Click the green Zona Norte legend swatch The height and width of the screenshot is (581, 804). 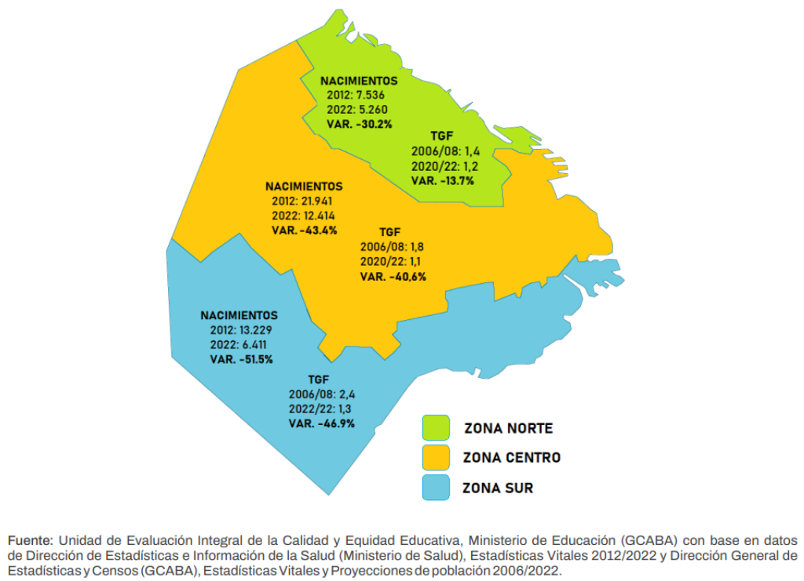[x=436, y=428]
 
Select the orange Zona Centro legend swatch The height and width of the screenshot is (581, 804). [x=436, y=458]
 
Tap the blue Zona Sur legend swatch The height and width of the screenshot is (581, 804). [x=436, y=488]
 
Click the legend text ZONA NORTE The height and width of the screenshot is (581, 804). [x=508, y=429]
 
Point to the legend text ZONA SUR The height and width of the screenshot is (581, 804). [x=499, y=488]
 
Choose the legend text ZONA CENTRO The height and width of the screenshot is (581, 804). [x=512, y=458]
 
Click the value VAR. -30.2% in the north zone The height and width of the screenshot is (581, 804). [x=359, y=124]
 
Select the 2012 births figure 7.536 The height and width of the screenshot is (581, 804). [x=366, y=95]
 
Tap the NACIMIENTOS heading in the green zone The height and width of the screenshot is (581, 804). [x=359, y=81]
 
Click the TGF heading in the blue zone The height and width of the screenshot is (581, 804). [x=318, y=379]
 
